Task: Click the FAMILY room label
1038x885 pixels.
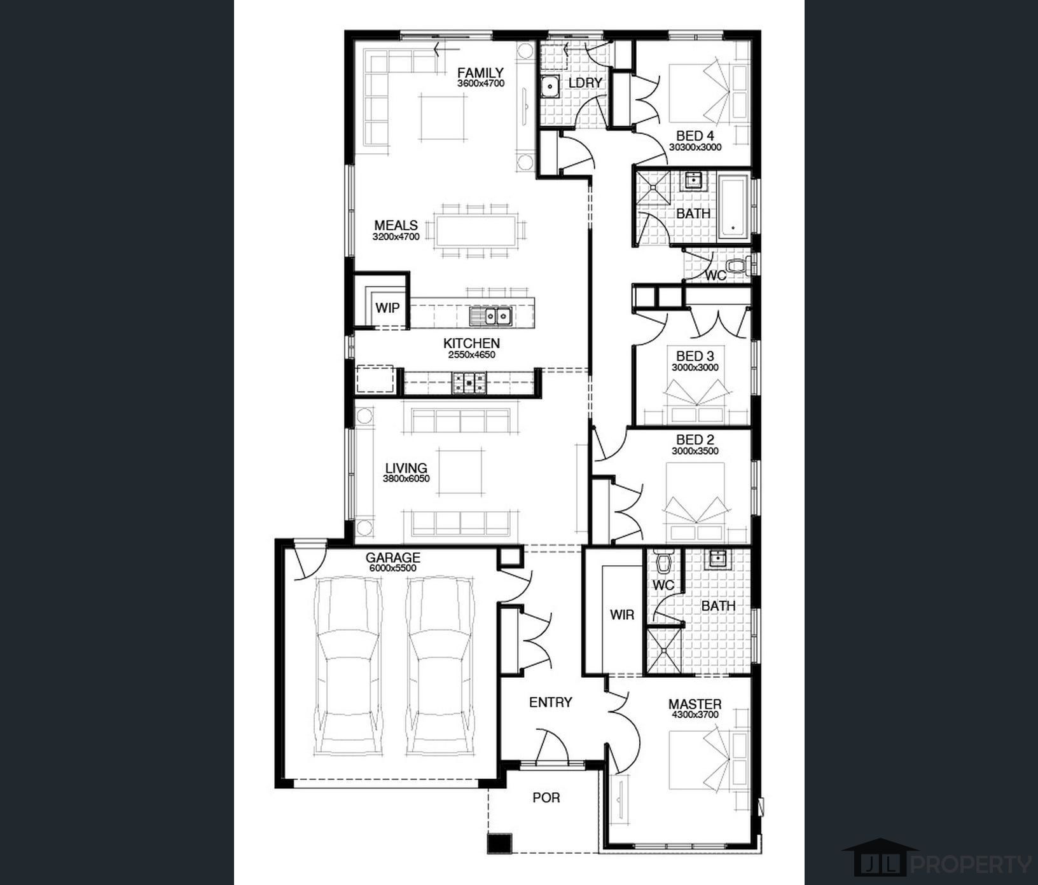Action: coord(480,72)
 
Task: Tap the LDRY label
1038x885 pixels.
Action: coord(585,83)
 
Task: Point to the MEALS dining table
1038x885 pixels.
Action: coord(476,231)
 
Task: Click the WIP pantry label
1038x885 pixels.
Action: coord(387,308)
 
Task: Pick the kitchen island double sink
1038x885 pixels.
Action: coord(490,315)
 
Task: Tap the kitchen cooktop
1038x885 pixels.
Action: coord(469,383)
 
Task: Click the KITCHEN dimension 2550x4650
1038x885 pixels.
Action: coord(471,355)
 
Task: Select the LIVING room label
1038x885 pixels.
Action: coord(406,469)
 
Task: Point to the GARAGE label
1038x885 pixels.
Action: coord(392,558)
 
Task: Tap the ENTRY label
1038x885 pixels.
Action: coord(551,702)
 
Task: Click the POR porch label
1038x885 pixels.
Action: coord(546,797)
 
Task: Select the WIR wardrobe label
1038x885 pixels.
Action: coord(621,615)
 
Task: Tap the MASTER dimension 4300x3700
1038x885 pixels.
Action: coord(695,715)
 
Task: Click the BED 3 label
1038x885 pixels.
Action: coord(695,356)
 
